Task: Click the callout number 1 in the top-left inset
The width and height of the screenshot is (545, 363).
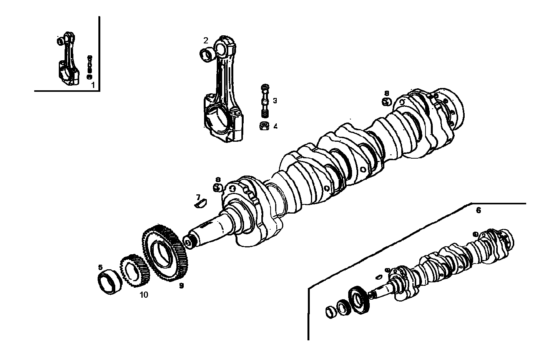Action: [93, 85]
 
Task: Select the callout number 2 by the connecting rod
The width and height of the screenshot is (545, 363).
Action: [206, 40]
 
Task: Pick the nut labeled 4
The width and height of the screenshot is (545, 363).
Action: [264, 126]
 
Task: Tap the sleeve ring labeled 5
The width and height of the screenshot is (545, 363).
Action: [109, 282]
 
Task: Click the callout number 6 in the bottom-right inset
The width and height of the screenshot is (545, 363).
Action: [479, 211]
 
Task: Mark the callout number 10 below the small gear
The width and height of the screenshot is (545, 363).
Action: [143, 295]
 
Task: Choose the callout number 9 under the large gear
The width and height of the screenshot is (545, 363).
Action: [181, 285]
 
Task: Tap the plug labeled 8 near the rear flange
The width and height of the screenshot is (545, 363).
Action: [386, 101]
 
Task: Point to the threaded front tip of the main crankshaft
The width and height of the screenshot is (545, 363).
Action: [189, 242]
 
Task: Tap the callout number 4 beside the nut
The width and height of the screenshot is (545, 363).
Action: [275, 126]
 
